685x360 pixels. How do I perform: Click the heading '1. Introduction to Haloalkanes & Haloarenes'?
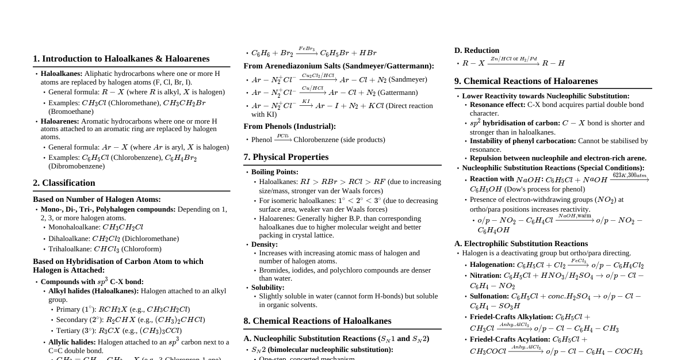point(121,59)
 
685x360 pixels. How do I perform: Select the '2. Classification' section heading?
point(64,183)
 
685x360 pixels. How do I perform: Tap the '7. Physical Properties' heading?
point(286,157)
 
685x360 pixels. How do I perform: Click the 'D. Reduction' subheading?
point(476,51)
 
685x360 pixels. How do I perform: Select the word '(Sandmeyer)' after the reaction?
point(408,79)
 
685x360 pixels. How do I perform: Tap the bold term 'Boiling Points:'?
point(274,172)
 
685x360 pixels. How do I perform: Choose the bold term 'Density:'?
point(265,244)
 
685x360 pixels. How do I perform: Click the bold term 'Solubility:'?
point(267,288)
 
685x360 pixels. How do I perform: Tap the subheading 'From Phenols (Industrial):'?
point(289,127)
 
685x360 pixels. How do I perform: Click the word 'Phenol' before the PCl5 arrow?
point(262,140)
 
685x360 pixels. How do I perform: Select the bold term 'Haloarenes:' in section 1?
point(60,121)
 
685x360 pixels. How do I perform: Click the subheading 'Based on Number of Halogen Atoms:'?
point(97,200)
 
